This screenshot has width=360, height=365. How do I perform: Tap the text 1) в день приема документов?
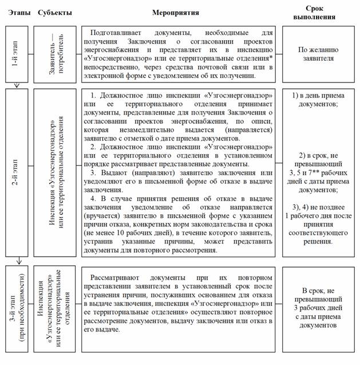tap(318, 101)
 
